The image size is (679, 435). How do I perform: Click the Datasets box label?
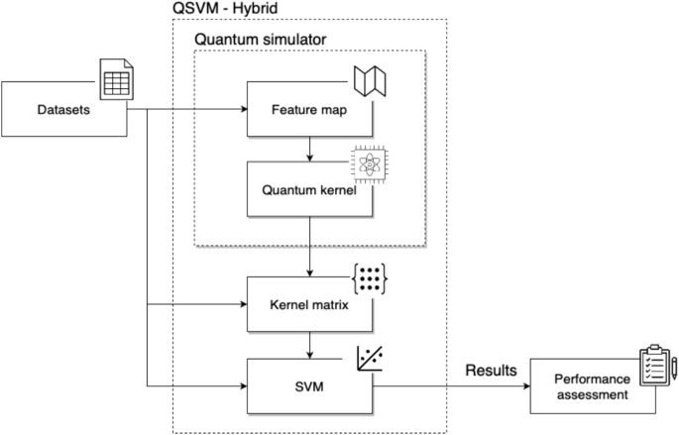pos(63,109)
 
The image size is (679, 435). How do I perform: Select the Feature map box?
pos(310,108)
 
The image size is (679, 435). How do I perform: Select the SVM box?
pos(310,382)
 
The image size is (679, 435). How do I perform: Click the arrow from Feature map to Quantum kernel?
pos(310,149)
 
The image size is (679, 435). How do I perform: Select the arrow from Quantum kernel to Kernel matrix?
pos(310,246)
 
